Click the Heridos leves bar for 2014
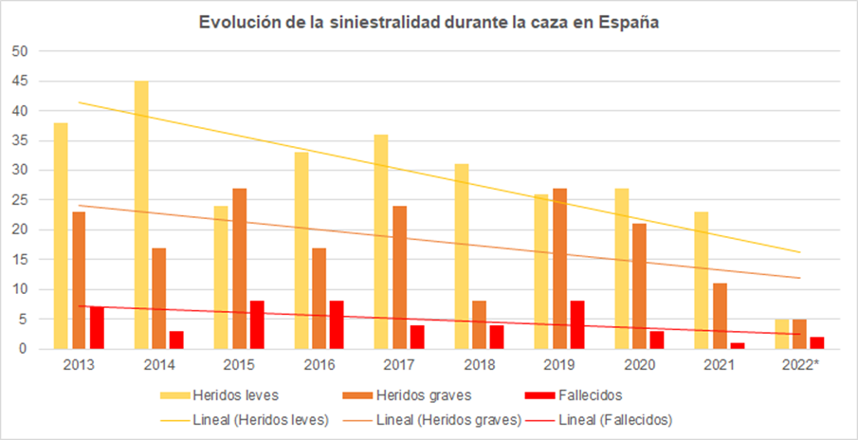[x=141, y=215]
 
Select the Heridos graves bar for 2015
[x=239, y=268]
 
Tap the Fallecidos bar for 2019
[x=577, y=325]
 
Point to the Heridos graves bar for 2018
[x=480, y=325]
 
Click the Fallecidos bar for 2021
[x=738, y=345]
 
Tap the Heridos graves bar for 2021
[x=720, y=316]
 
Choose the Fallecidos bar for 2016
[x=337, y=325]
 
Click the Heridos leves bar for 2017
[x=382, y=242]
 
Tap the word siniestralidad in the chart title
[x=383, y=22]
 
